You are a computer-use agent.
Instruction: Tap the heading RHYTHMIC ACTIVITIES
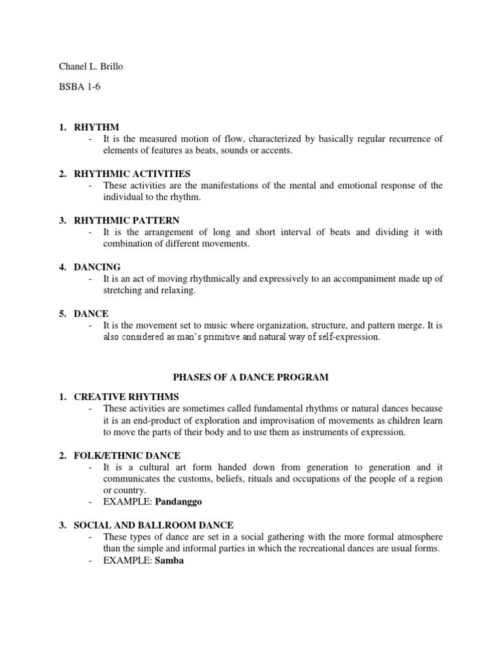pyautogui.click(x=132, y=173)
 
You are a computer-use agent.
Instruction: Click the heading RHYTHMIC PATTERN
pyautogui.click(x=127, y=220)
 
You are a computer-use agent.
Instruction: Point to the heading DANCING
pyautogui.click(x=97, y=267)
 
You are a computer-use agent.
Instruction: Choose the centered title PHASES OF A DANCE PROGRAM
pyautogui.click(x=250, y=377)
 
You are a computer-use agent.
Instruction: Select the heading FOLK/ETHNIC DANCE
pyautogui.click(x=127, y=455)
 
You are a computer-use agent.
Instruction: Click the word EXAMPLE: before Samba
pyautogui.click(x=127, y=561)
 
